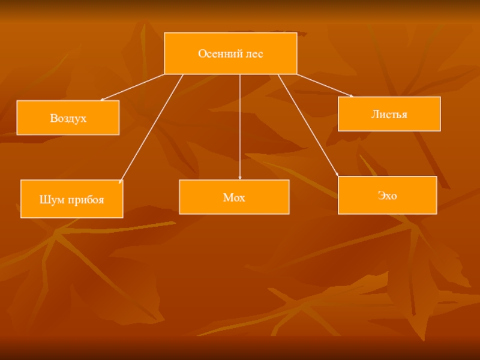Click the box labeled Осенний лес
pos(230,53)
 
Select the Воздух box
pos(68,118)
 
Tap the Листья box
pos(389,114)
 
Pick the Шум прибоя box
pos(72,199)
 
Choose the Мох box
pos(234,197)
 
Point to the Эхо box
pos(387,195)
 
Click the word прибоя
pos(86,200)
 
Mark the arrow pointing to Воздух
pos(132,87)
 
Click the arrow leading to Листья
pos(325,85)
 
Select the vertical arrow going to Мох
pos(239,127)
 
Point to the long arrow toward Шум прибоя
pos(151,129)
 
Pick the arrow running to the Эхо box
pos(308,125)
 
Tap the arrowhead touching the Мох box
pos(239,178)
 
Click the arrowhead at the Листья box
pos(352,96)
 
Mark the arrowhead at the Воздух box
pos(102,100)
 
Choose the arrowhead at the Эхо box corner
pos(337,175)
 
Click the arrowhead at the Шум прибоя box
pos(121,182)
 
